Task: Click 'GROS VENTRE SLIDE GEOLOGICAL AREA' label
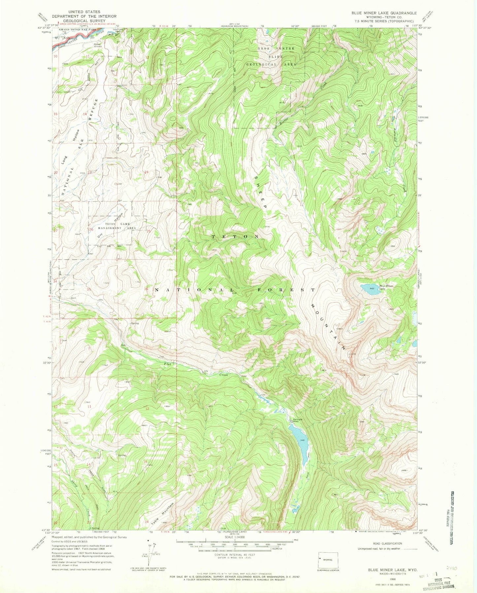tap(277, 56)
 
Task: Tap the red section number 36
tap(146, 290)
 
